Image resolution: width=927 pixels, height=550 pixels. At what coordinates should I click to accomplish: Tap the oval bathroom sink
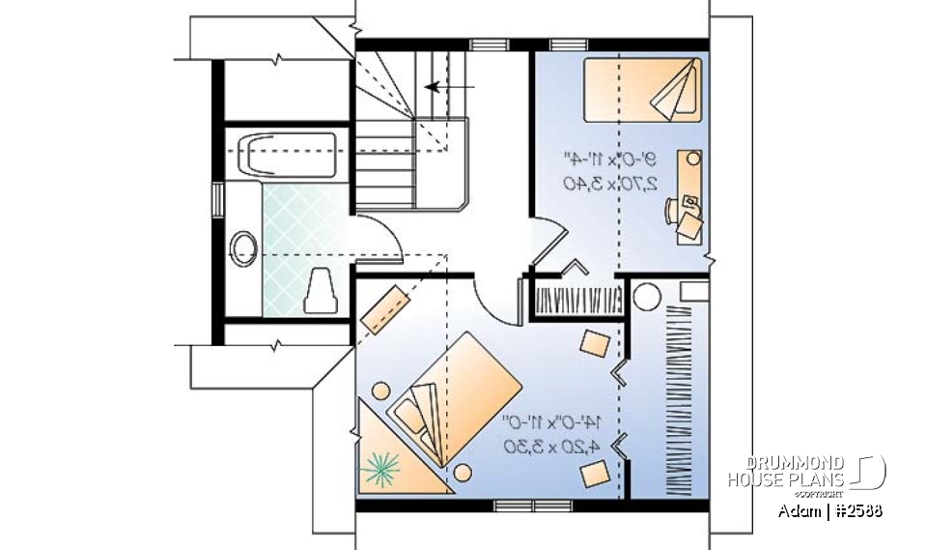[x=243, y=248]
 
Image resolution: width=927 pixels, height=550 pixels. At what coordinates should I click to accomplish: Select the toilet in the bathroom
[x=321, y=291]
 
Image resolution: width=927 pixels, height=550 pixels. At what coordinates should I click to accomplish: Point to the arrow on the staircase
[x=449, y=86]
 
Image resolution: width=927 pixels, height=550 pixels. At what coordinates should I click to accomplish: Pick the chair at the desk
[x=688, y=223]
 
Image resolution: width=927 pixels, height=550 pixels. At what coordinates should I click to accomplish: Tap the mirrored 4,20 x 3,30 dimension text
[x=551, y=446]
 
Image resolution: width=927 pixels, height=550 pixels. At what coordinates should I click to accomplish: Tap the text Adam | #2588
[x=830, y=510]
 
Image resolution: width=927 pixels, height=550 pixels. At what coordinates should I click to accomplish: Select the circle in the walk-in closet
[x=646, y=295]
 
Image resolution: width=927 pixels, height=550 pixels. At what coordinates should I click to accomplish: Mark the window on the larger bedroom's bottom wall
[x=520, y=505]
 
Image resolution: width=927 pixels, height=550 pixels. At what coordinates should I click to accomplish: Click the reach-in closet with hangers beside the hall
[x=576, y=300]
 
